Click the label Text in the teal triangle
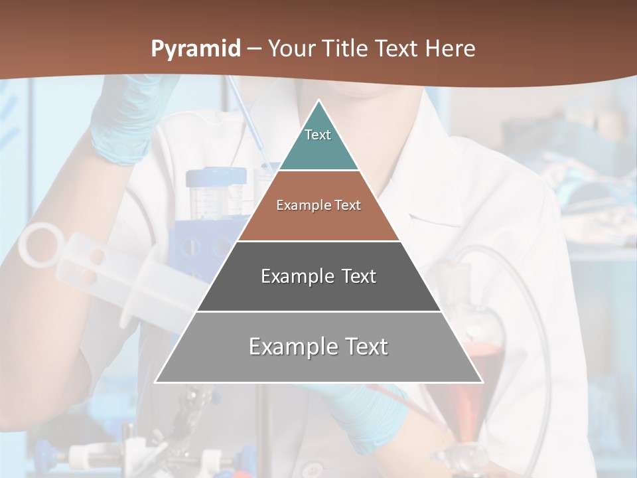318,135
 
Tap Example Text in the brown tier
318,205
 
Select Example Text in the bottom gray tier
318,347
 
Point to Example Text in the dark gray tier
318,276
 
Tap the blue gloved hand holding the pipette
123,123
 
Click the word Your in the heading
292,49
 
